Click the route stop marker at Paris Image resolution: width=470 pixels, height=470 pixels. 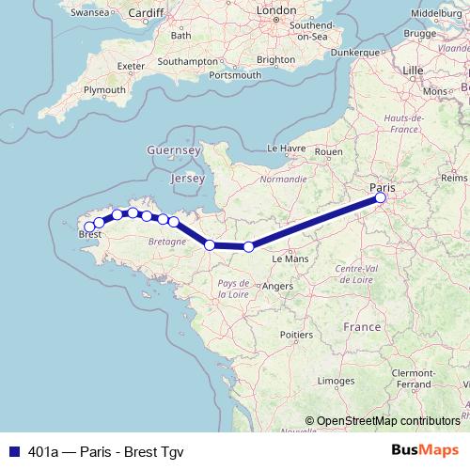pos(381,198)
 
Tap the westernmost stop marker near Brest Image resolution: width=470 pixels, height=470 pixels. pos(88,227)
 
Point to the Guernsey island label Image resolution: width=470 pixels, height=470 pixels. pos(174,149)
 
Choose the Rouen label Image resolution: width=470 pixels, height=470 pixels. pos(329,150)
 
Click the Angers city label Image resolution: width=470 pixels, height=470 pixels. pos(279,286)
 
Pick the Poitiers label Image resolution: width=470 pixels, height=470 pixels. pos(296,334)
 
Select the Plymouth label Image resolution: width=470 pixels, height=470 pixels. pos(104,89)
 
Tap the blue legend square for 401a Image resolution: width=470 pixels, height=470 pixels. pos(13,450)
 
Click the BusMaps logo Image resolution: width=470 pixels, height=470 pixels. pos(424,450)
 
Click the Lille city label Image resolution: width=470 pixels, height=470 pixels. pos(413,70)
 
